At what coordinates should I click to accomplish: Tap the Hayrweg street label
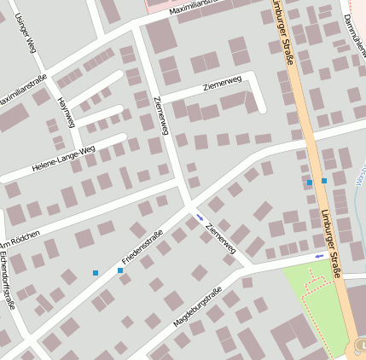pyautogui.click(x=65, y=111)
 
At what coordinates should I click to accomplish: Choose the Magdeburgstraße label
pyautogui.click(x=197, y=308)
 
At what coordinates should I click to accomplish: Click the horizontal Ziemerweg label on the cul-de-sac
pyautogui.click(x=223, y=82)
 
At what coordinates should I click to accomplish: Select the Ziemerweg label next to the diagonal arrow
pyautogui.click(x=219, y=236)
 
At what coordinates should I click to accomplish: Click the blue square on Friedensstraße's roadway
pyautogui.click(x=120, y=270)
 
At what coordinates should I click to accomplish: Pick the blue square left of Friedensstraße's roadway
pyautogui.click(x=96, y=273)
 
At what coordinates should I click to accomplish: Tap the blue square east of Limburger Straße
pyautogui.click(x=324, y=181)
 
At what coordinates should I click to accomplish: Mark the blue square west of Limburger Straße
pyautogui.click(x=309, y=183)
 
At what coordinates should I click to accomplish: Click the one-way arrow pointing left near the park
pyautogui.click(x=319, y=256)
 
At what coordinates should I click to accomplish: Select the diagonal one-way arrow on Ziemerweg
pyautogui.click(x=200, y=218)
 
